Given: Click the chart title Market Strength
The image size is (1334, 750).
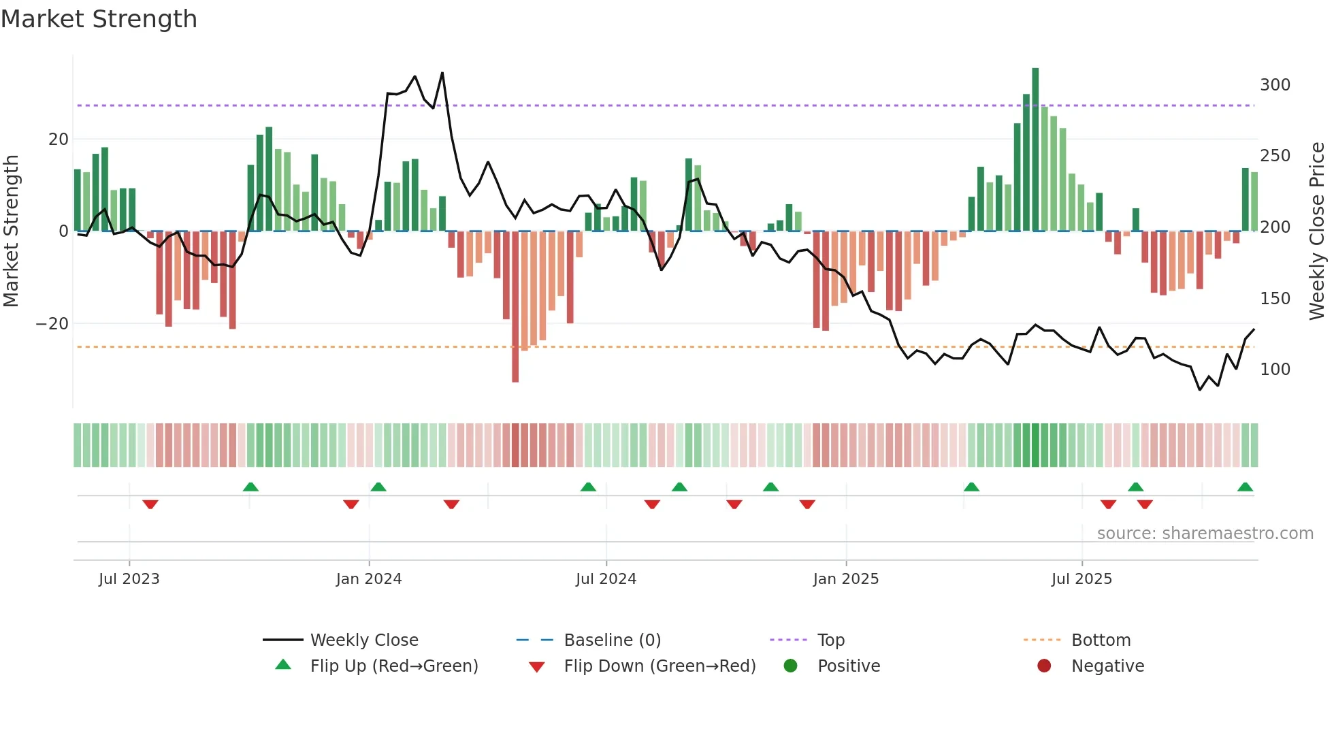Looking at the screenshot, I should [x=99, y=19].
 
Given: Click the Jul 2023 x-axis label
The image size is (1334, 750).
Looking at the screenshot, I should [x=129, y=579].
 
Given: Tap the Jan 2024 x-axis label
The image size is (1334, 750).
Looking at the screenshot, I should [x=369, y=579].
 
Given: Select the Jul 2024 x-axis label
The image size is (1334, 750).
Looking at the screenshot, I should [x=606, y=579].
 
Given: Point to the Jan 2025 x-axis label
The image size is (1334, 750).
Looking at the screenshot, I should [x=846, y=579].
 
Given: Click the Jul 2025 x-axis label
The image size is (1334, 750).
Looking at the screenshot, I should [x=1081, y=579].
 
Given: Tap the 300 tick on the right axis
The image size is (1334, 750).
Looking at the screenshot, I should [x=1275, y=85].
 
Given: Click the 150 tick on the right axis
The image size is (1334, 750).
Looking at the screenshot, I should [x=1275, y=299].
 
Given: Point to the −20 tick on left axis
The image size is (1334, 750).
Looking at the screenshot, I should [x=52, y=324].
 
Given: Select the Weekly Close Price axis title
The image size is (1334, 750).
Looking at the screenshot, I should [x=1317, y=231].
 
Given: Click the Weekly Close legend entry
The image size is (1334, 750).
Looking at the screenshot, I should [x=363, y=640].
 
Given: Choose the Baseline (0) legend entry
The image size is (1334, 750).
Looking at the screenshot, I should [x=612, y=640].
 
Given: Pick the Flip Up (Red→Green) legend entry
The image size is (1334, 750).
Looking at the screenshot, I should [x=393, y=666].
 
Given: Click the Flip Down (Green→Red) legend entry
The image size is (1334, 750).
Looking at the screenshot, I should [x=659, y=666].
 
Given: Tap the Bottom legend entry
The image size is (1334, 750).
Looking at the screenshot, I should [x=1101, y=640].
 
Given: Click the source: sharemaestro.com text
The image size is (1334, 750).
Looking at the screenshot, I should [x=1205, y=534].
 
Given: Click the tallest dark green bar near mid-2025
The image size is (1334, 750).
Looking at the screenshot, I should [x=1035, y=150].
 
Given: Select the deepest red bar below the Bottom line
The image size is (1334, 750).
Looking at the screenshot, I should [x=515, y=306].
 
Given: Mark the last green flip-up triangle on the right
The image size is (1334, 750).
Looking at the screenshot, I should [x=1245, y=487].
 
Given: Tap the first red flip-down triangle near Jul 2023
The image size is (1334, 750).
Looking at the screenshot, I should [x=150, y=504].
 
